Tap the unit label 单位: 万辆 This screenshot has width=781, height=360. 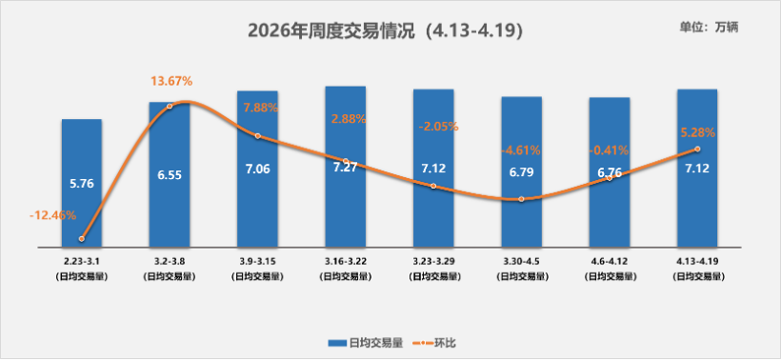click(709, 27)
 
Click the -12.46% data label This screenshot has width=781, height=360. click(52, 215)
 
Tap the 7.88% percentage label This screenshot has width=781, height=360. click(260, 108)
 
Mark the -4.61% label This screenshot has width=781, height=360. click(521, 150)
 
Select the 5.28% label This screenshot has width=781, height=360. click(697, 131)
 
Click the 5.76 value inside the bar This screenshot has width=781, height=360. click(81, 183)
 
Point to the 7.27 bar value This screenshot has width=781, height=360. click(346, 168)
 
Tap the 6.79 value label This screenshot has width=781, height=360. click(521, 172)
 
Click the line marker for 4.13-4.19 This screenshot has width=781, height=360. click(697, 149)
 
